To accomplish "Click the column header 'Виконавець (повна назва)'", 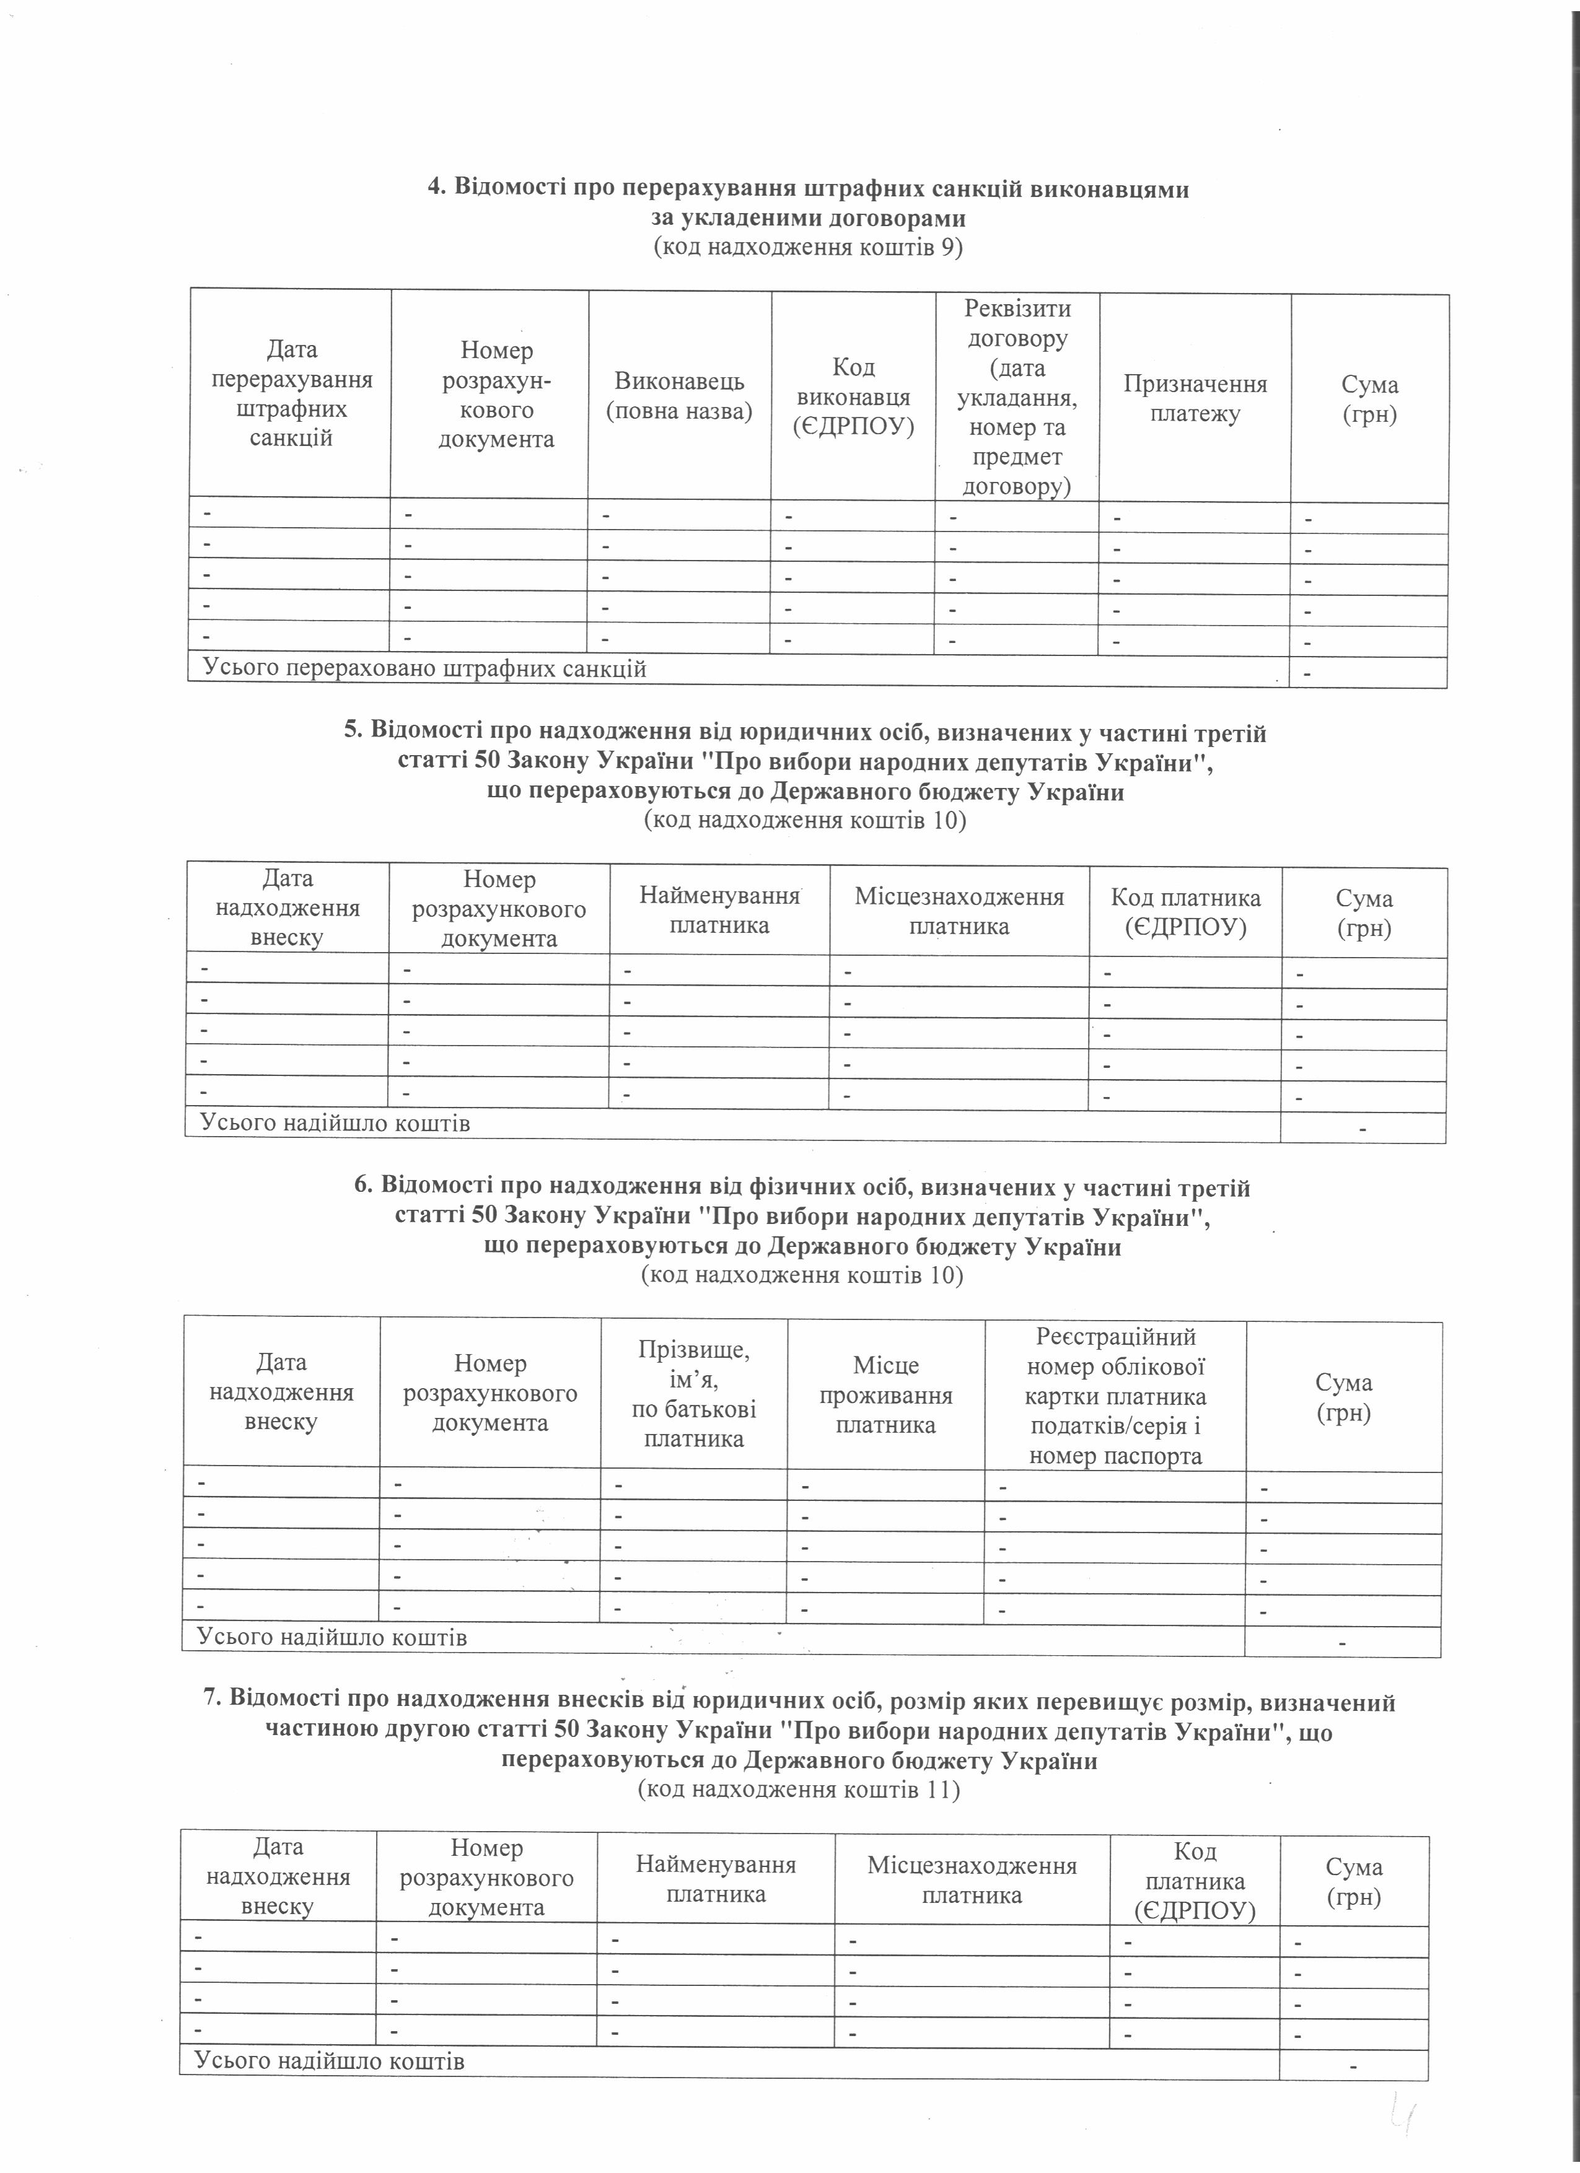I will click(679, 396).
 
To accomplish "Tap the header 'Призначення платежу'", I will click(1195, 398).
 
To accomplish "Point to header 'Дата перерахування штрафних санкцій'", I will click(291, 394).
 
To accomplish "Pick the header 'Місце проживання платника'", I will click(885, 1394).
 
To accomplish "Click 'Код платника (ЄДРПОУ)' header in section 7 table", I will click(1194, 1881).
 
